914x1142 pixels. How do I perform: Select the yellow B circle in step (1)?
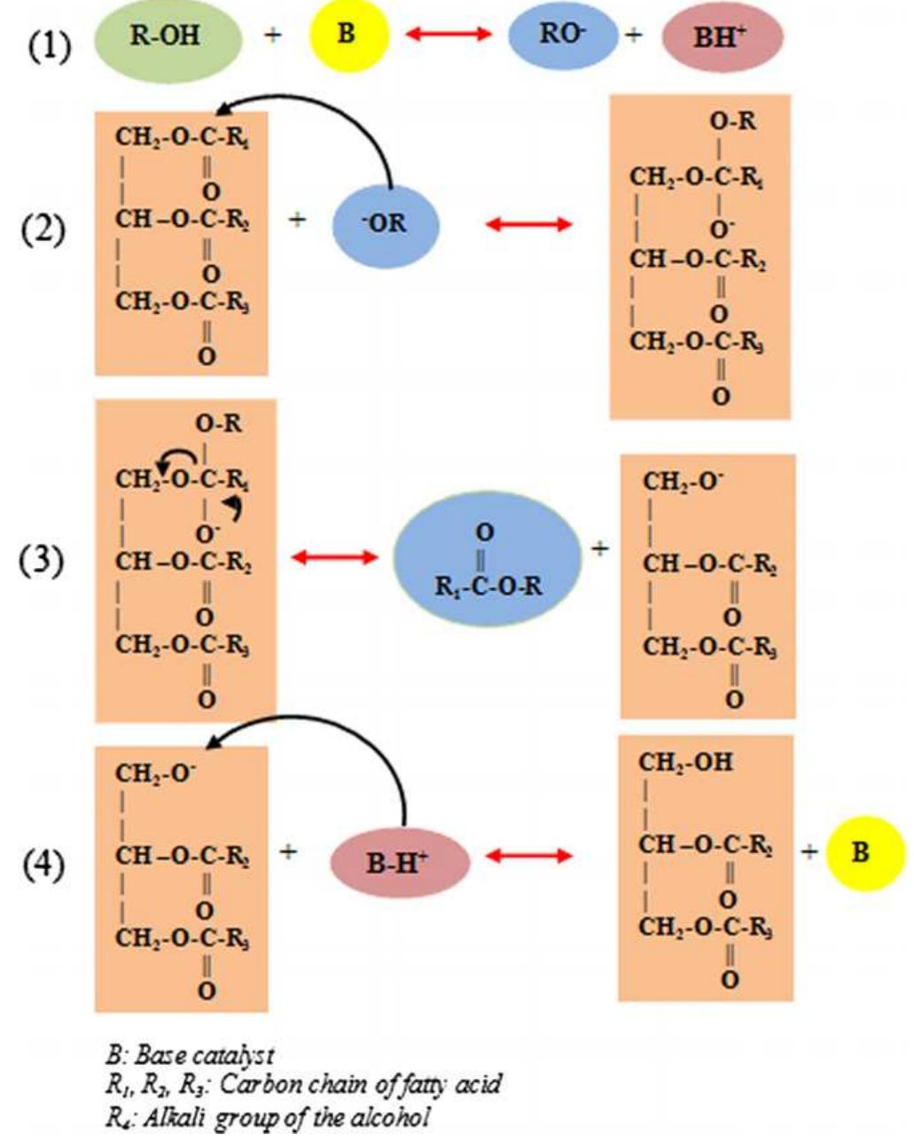[x=348, y=36]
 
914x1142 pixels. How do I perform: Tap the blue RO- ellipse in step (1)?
[x=562, y=35]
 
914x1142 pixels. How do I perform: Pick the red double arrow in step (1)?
[x=448, y=35]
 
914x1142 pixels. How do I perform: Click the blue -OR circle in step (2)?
[x=386, y=224]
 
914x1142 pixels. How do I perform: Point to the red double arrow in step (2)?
[x=529, y=224]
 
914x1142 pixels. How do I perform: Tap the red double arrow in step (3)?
[x=335, y=557]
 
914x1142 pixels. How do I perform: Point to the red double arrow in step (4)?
[x=529, y=856]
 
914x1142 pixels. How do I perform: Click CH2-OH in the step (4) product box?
[x=685, y=762]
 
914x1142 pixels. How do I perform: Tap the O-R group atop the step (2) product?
[x=733, y=120]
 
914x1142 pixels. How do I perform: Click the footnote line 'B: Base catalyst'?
[x=190, y=1055]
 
